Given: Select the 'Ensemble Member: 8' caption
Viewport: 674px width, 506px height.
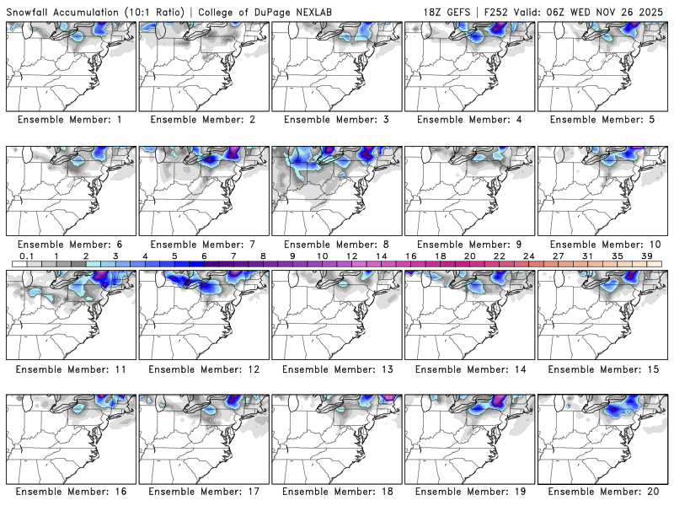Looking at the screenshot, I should (336, 245).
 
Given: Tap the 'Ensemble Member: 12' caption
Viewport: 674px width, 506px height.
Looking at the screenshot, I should (203, 369).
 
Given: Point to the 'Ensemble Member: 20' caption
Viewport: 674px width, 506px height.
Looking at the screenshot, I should (602, 492).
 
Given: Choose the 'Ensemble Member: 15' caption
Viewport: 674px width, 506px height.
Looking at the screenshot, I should (602, 369).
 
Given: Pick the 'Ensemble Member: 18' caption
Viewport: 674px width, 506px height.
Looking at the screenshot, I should (336, 492).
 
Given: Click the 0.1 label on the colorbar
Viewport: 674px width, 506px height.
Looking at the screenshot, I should (26, 255).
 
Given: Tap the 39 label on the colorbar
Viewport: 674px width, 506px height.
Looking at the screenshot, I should (647, 255).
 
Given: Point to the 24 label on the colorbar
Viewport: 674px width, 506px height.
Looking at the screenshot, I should (529, 255).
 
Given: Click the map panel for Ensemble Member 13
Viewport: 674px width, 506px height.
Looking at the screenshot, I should (336, 317).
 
